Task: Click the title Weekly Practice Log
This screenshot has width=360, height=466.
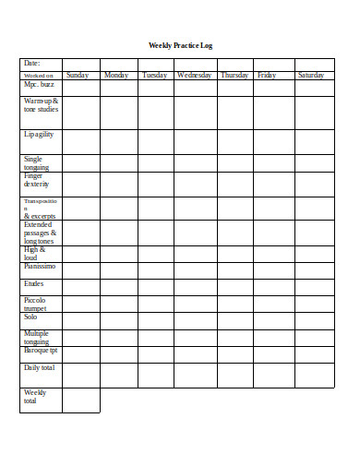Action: pyautogui.click(x=181, y=45)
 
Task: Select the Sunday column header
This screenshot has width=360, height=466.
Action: pyautogui.click(x=78, y=75)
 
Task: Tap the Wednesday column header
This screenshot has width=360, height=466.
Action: pyautogui.click(x=195, y=75)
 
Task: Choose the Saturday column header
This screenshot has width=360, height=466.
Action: pyautogui.click(x=311, y=75)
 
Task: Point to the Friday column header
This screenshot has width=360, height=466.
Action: pyautogui.click(x=267, y=75)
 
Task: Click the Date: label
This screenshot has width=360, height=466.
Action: pyautogui.click(x=32, y=64)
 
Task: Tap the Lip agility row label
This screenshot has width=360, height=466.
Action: pyautogui.click(x=40, y=135)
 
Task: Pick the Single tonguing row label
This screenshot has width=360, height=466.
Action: pyautogui.click(x=36, y=163)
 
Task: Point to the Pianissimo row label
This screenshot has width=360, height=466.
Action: pyautogui.click(x=40, y=266)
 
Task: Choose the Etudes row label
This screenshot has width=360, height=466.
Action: pyautogui.click(x=34, y=285)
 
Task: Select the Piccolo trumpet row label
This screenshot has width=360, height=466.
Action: pyautogui.click(x=35, y=305)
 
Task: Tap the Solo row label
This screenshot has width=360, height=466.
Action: pyautogui.click(x=30, y=317)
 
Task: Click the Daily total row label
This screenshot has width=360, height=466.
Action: pyautogui.click(x=40, y=368)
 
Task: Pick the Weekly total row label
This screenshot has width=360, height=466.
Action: pyautogui.click(x=35, y=397)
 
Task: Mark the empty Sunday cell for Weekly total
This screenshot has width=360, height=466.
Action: pyautogui.click(x=80, y=400)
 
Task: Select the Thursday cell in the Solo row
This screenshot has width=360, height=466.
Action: pyautogui.click(x=235, y=320)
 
